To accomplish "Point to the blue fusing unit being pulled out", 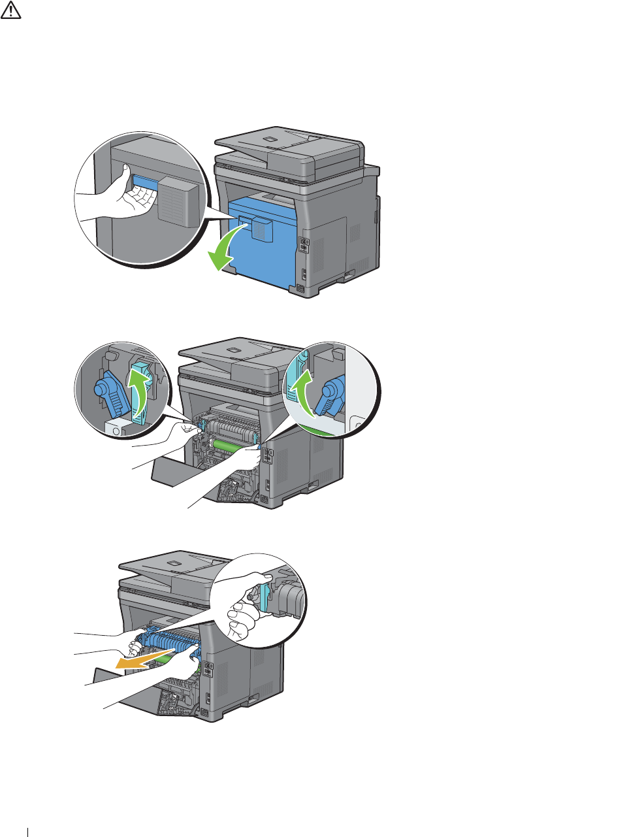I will (170, 644).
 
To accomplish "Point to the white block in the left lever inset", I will (116, 428).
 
